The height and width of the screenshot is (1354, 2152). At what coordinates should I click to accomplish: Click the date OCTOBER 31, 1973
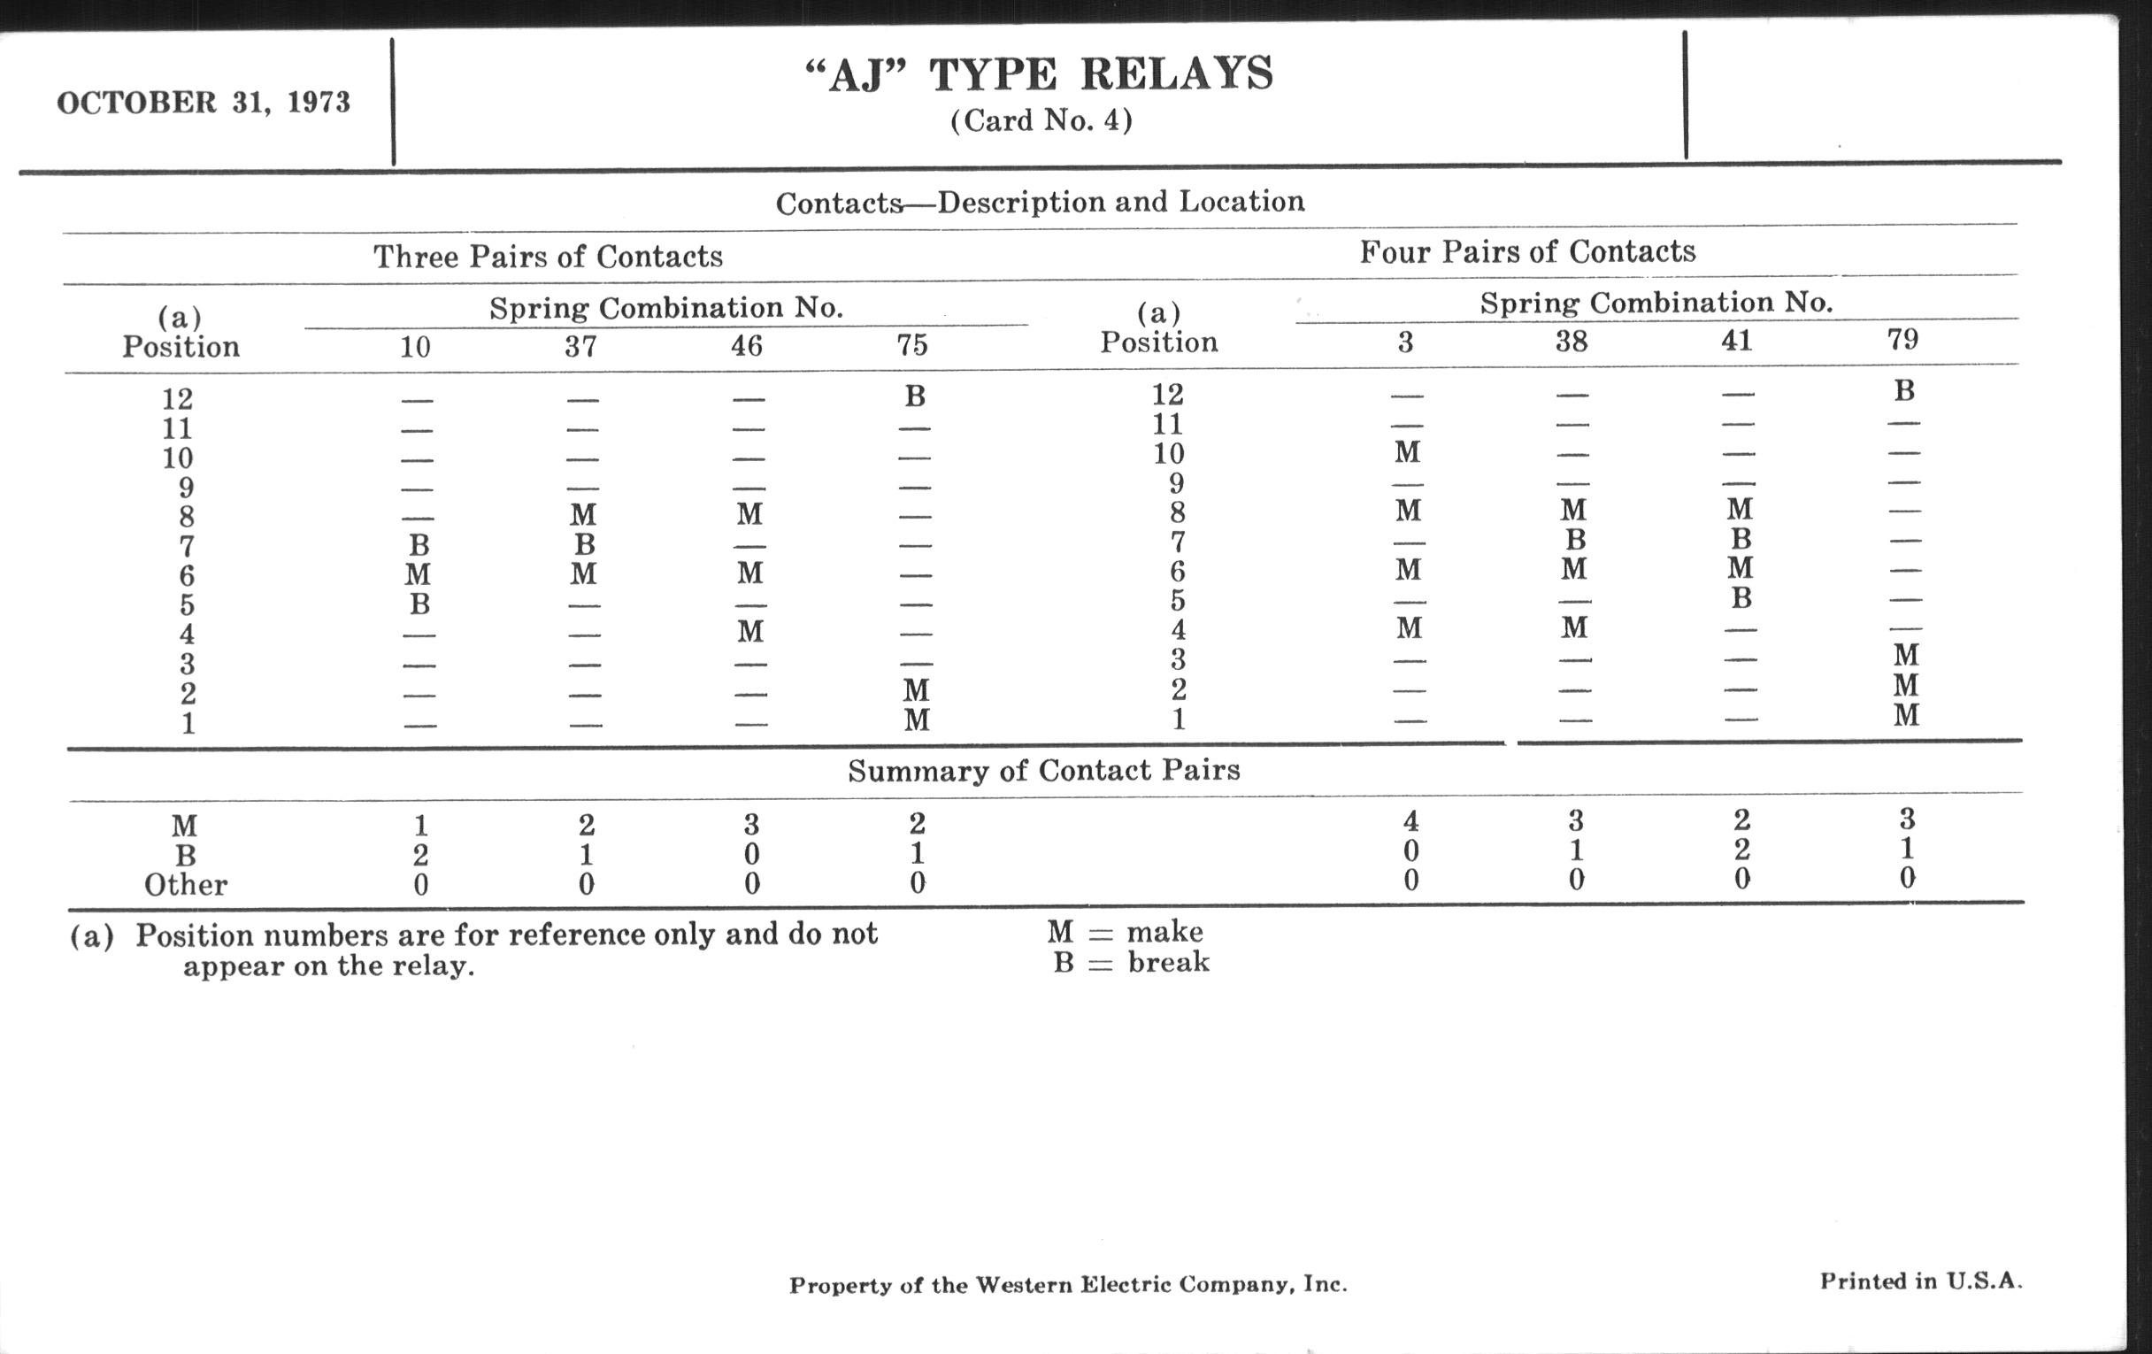click(204, 103)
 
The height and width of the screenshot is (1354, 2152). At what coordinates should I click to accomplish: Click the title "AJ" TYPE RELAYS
click(1040, 74)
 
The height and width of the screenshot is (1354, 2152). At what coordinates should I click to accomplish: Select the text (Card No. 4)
click(1041, 120)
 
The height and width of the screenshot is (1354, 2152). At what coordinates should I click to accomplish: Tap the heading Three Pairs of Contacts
click(548, 257)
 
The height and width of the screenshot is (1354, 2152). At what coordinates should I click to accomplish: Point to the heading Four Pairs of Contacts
click(1527, 252)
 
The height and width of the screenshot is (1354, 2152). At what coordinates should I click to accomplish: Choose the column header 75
click(912, 345)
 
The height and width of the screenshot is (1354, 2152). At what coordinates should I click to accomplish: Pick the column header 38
click(1572, 342)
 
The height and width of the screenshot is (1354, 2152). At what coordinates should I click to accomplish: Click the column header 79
click(1902, 339)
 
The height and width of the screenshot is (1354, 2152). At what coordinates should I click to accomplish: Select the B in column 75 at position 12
click(914, 396)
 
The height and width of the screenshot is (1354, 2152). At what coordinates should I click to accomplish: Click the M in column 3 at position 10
click(1408, 452)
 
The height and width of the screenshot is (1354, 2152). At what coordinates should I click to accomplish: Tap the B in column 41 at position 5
click(1741, 598)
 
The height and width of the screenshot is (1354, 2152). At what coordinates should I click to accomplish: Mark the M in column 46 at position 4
click(749, 632)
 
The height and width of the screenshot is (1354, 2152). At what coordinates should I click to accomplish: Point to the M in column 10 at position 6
click(418, 573)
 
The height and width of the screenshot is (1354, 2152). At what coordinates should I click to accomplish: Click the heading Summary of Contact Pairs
click(1044, 771)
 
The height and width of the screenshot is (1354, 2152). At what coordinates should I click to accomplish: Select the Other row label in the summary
click(186, 885)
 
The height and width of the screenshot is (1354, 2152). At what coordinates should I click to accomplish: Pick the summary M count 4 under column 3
click(1410, 820)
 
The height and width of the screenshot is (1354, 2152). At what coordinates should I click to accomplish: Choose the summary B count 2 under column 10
click(420, 855)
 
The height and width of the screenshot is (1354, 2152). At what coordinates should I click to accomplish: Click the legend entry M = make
click(1126, 932)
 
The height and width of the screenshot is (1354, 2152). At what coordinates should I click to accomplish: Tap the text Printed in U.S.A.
click(1920, 1281)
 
